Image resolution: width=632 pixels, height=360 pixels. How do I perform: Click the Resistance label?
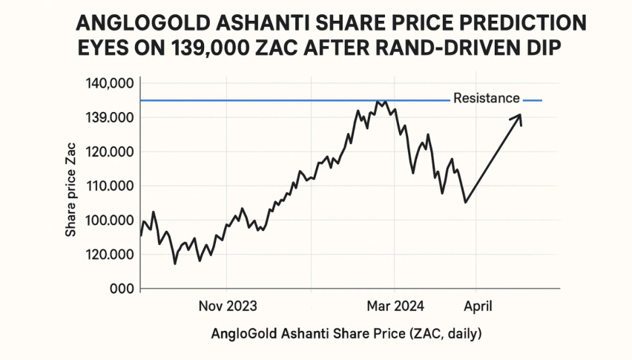[486, 98]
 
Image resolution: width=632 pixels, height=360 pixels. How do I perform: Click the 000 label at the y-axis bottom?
[120, 289]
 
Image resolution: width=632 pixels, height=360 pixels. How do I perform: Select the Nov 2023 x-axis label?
[226, 305]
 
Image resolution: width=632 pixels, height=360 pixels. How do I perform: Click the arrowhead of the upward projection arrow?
[519, 116]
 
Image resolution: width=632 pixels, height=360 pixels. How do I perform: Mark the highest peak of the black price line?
[378, 102]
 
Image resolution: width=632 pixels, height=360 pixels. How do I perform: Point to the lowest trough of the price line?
[175, 264]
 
